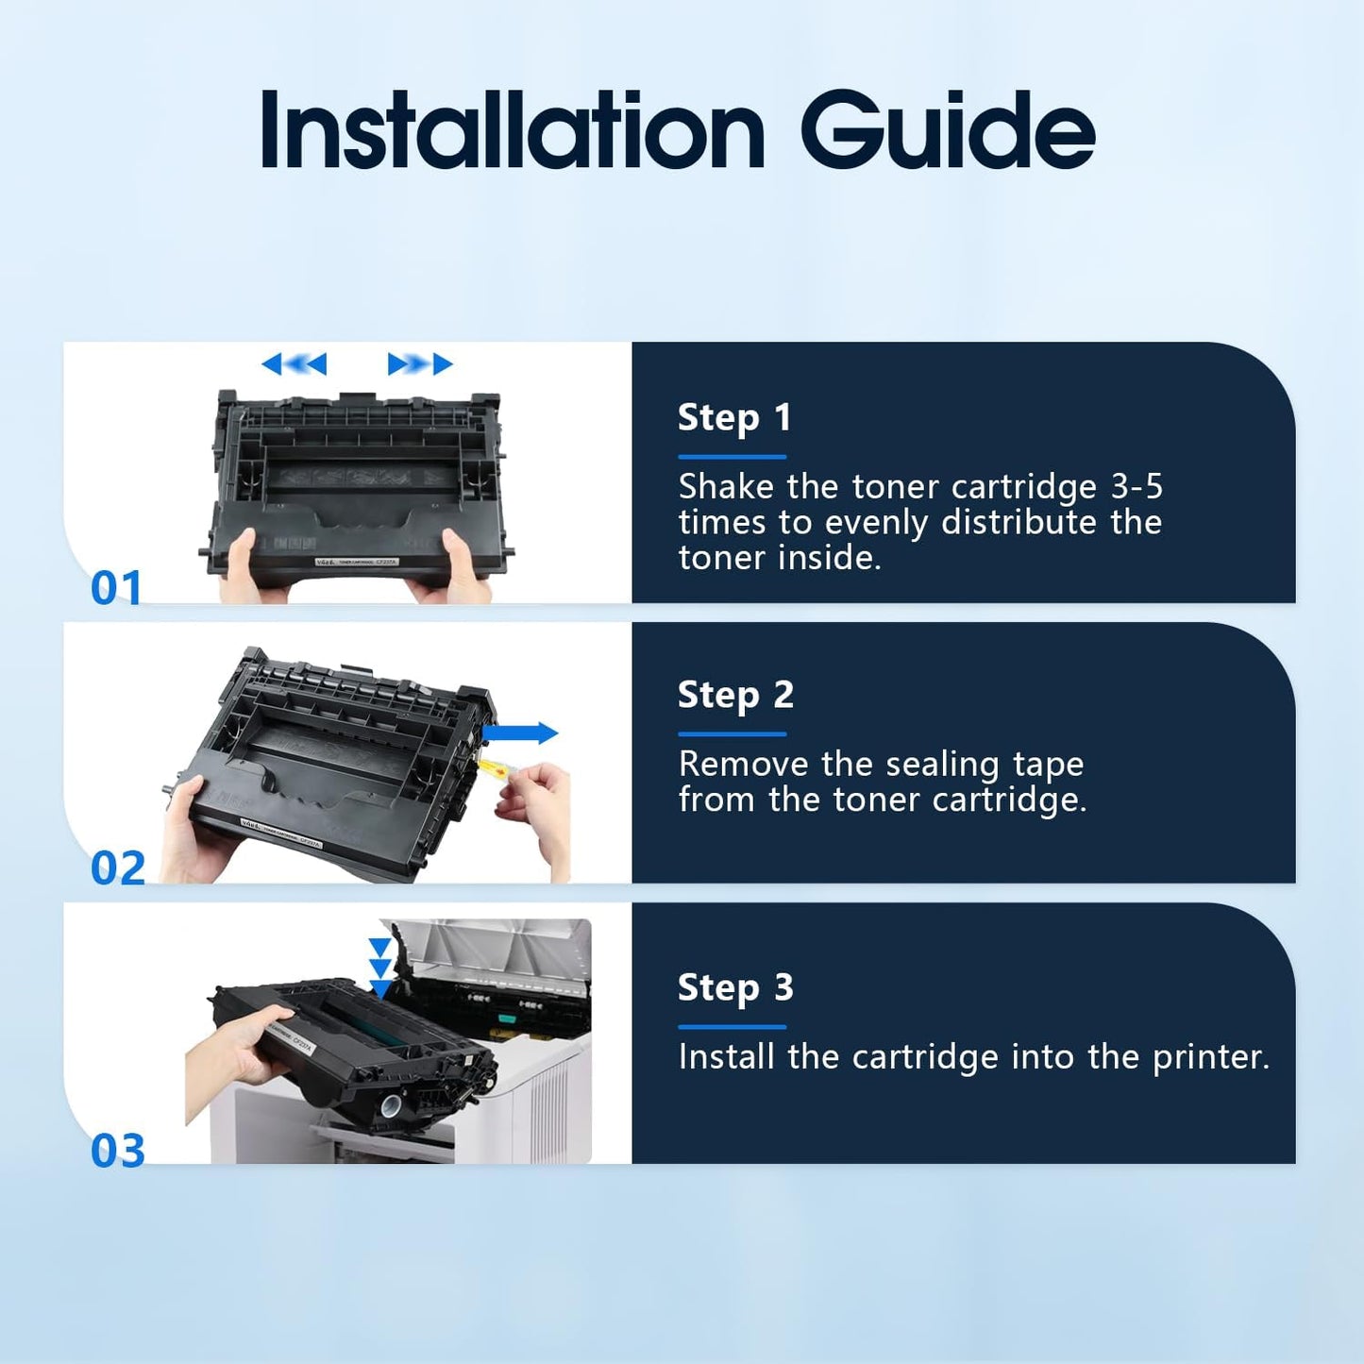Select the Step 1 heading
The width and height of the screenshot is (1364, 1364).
pyautogui.click(x=734, y=417)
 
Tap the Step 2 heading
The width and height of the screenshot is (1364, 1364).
pyautogui.click(x=735, y=695)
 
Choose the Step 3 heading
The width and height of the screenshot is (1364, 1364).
pyautogui.click(x=735, y=987)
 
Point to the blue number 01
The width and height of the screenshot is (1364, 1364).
pyautogui.click(x=116, y=587)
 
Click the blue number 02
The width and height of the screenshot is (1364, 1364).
pyautogui.click(x=118, y=867)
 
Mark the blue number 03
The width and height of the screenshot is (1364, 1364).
pyautogui.click(x=118, y=1151)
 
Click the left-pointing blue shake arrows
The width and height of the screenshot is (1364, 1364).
pyautogui.click(x=294, y=363)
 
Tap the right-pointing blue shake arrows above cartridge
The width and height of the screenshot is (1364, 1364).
pyautogui.click(x=420, y=363)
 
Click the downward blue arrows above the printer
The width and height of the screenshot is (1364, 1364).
pyautogui.click(x=379, y=968)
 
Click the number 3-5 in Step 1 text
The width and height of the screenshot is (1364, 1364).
pyautogui.click(x=1137, y=487)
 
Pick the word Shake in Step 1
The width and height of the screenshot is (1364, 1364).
pyautogui.click(x=725, y=487)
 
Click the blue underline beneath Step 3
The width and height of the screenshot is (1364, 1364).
pyautogui.click(x=732, y=1027)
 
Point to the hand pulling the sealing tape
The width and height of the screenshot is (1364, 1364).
pyautogui.click(x=538, y=807)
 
